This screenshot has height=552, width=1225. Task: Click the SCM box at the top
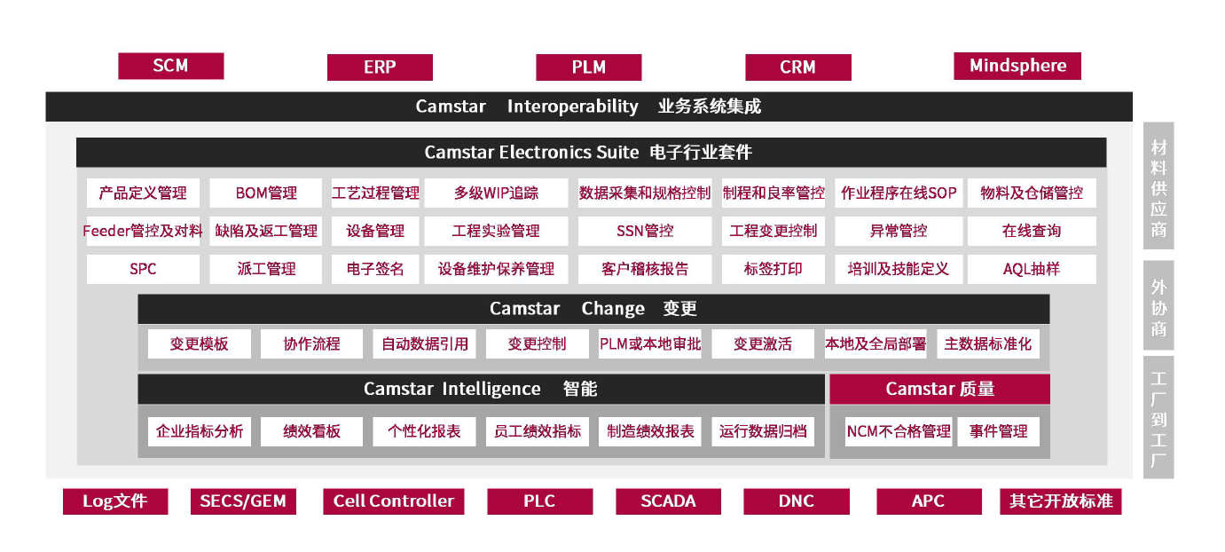pos(170,66)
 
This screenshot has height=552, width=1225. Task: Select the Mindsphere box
pos(1017,66)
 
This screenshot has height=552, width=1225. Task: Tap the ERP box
pos(380,67)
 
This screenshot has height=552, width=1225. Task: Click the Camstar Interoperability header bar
pos(588,106)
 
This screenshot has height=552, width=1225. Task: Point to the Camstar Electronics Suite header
pos(590,152)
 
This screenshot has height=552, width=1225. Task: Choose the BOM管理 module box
pos(266,193)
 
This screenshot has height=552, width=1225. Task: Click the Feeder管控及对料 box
pos(143,231)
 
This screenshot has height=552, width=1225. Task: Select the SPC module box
pos(143,269)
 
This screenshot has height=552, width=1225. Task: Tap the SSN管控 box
pos(645,231)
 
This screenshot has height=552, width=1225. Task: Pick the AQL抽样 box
pos(1031,269)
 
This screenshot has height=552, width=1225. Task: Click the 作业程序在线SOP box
pos(899,193)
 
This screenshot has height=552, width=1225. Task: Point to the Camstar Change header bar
pos(593,309)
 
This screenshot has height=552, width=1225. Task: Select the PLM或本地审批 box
pos(650,343)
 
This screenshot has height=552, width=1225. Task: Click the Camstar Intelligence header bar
pos(481,389)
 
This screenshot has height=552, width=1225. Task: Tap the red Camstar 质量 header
pos(939,389)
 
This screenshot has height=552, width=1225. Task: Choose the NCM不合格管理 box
pos(899,431)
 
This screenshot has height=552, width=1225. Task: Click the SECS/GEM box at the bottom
pos(243,501)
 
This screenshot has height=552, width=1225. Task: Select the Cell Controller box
pos(393,501)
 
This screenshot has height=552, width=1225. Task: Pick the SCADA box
pos(668,501)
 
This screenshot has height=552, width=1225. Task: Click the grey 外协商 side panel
pos(1158,304)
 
